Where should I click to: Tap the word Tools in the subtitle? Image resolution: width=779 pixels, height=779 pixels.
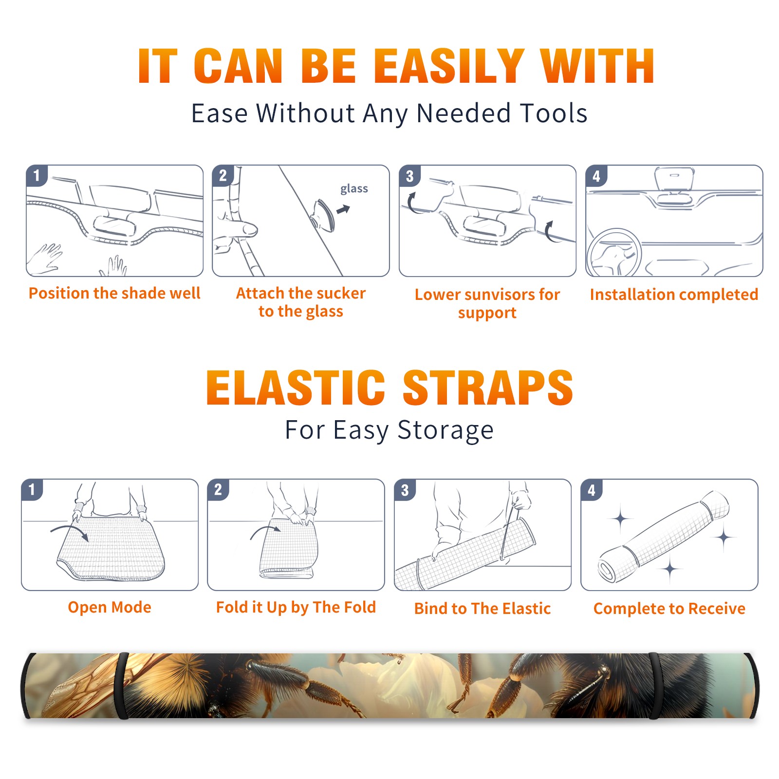click(554, 113)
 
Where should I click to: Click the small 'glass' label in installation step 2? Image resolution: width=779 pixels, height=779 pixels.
click(354, 189)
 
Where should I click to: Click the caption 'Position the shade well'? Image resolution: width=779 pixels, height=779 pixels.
click(114, 293)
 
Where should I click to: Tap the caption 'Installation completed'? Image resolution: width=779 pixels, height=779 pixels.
click(674, 294)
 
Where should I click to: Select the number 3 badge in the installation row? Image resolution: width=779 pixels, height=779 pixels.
click(409, 176)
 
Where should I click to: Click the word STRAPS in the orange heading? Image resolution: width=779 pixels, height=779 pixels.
click(488, 388)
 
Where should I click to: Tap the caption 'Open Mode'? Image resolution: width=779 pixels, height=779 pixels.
click(110, 607)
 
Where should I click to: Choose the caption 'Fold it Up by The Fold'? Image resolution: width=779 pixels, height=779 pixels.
click(296, 607)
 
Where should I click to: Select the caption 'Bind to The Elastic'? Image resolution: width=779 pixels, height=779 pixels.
click(482, 609)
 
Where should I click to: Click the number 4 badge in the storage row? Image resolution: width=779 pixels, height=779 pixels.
click(592, 490)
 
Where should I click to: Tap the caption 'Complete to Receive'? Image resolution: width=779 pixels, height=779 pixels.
click(669, 609)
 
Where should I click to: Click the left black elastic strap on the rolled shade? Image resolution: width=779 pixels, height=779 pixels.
click(122, 686)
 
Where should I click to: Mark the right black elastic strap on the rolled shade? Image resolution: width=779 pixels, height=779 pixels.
click(654, 686)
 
